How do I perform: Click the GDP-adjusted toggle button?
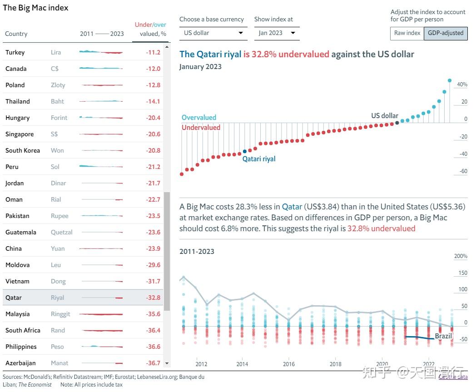[446, 33]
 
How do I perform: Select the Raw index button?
[407, 33]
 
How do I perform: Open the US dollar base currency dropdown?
[213, 33]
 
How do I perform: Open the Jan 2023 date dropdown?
[277, 33]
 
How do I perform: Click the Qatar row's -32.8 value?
[153, 298]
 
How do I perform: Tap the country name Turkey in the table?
[15, 53]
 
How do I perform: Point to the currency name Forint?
[59, 118]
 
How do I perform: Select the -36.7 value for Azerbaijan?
[153, 363]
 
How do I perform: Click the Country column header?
[16, 34]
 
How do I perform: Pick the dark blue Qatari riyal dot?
[245, 151]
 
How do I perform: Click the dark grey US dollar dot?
[397, 123]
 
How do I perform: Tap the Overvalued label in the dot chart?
[199, 118]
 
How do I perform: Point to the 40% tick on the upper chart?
[462, 84]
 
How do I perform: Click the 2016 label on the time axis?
[289, 364]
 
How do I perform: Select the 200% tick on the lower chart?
[461, 256]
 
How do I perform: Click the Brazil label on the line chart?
[444, 336]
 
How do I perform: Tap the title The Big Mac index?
[35, 8]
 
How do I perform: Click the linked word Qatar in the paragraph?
[292, 207]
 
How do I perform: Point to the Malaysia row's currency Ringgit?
[60, 314]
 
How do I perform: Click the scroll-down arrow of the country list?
[167, 363]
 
